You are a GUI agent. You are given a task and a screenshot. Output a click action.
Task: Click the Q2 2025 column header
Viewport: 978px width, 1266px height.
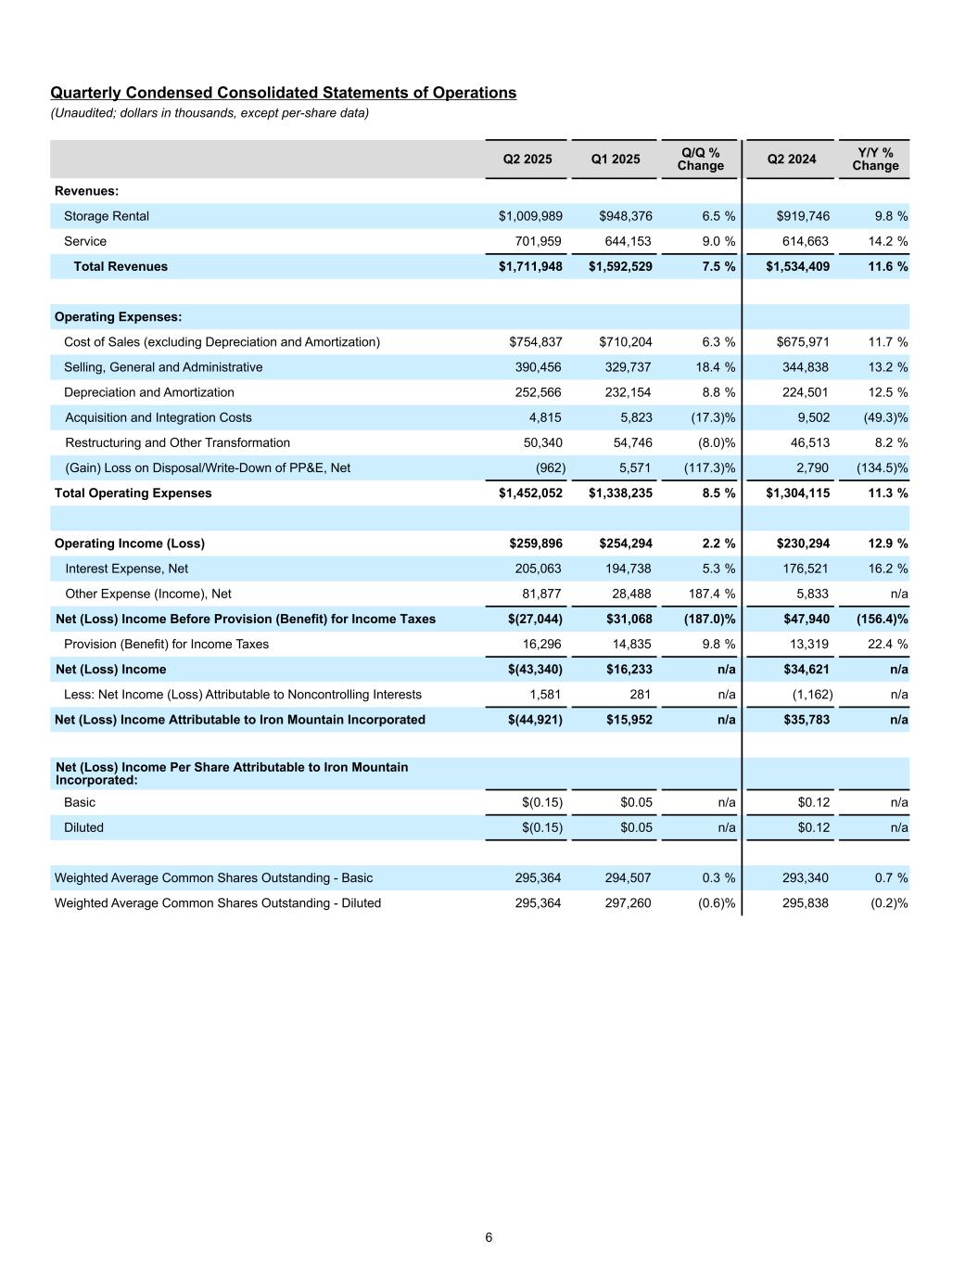click(x=527, y=160)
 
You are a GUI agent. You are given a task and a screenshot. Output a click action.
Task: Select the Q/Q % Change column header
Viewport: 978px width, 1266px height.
click(x=700, y=160)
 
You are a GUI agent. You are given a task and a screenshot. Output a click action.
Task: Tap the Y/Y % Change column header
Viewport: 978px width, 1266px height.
click(x=875, y=160)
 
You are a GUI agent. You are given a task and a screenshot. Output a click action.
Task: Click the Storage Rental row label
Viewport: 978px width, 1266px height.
click(x=107, y=216)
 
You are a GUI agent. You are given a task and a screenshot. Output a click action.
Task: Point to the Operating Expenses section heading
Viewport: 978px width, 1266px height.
click(x=118, y=317)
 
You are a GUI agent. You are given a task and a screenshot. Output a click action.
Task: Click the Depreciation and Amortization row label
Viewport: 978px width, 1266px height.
click(x=149, y=392)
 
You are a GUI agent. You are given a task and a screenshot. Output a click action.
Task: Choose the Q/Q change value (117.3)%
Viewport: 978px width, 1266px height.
click(x=709, y=468)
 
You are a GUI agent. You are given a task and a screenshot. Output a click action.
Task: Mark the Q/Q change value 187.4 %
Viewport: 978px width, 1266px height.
click(x=709, y=594)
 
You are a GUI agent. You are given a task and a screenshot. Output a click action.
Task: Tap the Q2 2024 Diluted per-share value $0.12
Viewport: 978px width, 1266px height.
click(x=813, y=827)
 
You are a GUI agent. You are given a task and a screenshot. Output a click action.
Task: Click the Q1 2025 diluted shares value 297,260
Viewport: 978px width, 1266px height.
click(x=625, y=903)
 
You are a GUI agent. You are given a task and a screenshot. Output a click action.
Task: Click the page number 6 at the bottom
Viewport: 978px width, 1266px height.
click(x=489, y=1237)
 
